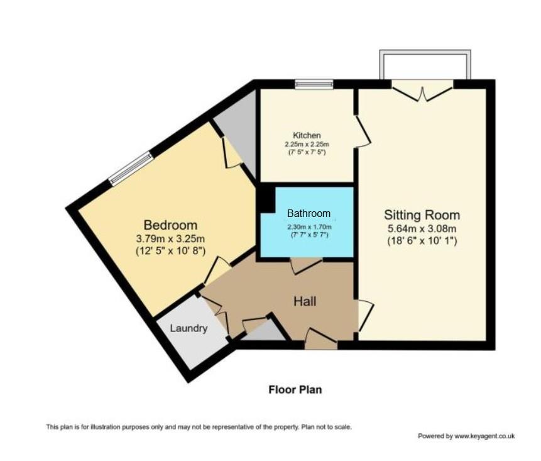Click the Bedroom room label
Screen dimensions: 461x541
click(170, 225)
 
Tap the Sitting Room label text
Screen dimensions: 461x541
click(422, 215)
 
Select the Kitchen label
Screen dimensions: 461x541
click(307, 135)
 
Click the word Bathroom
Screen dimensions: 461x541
click(309, 213)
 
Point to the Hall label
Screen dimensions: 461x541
click(305, 302)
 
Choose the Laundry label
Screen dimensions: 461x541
click(189, 328)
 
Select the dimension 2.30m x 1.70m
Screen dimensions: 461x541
click(308, 227)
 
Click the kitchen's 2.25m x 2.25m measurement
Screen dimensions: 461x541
click(307, 144)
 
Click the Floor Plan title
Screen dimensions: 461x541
click(295, 390)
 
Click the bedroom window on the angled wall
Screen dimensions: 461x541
click(131, 169)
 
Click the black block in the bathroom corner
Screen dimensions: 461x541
click(266, 199)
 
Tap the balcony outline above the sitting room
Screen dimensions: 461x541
click(425, 63)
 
